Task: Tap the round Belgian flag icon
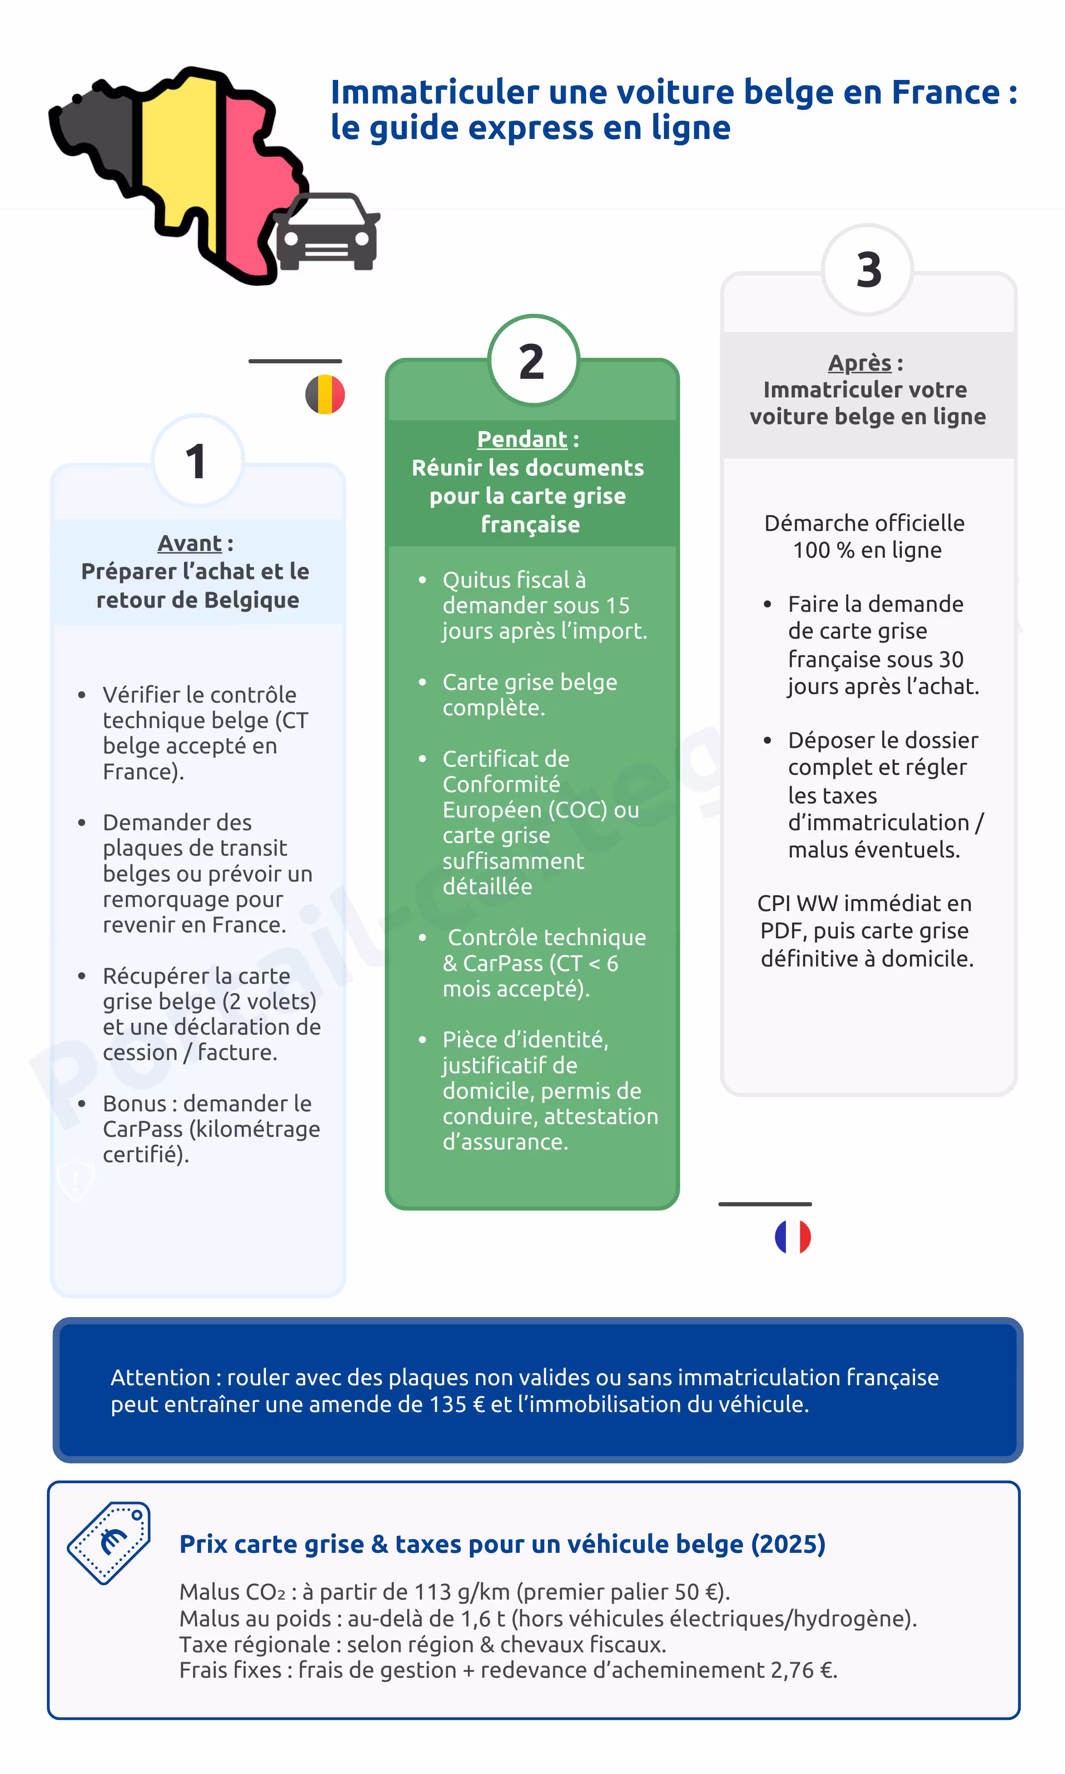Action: pyautogui.click(x=325, y=395)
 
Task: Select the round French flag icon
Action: pyautogui.click(x=793, y=1237)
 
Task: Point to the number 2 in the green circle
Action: pyautogui.click(x=532, y=362)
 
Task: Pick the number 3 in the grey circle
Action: pyautogui.click(x=868, y=270)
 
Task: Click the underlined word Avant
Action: pyautogui.click(x=189, y=543)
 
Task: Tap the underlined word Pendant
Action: pyautogui.click(x=522, y=439)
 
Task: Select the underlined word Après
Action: pyautogui.click(x=860, y=363)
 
